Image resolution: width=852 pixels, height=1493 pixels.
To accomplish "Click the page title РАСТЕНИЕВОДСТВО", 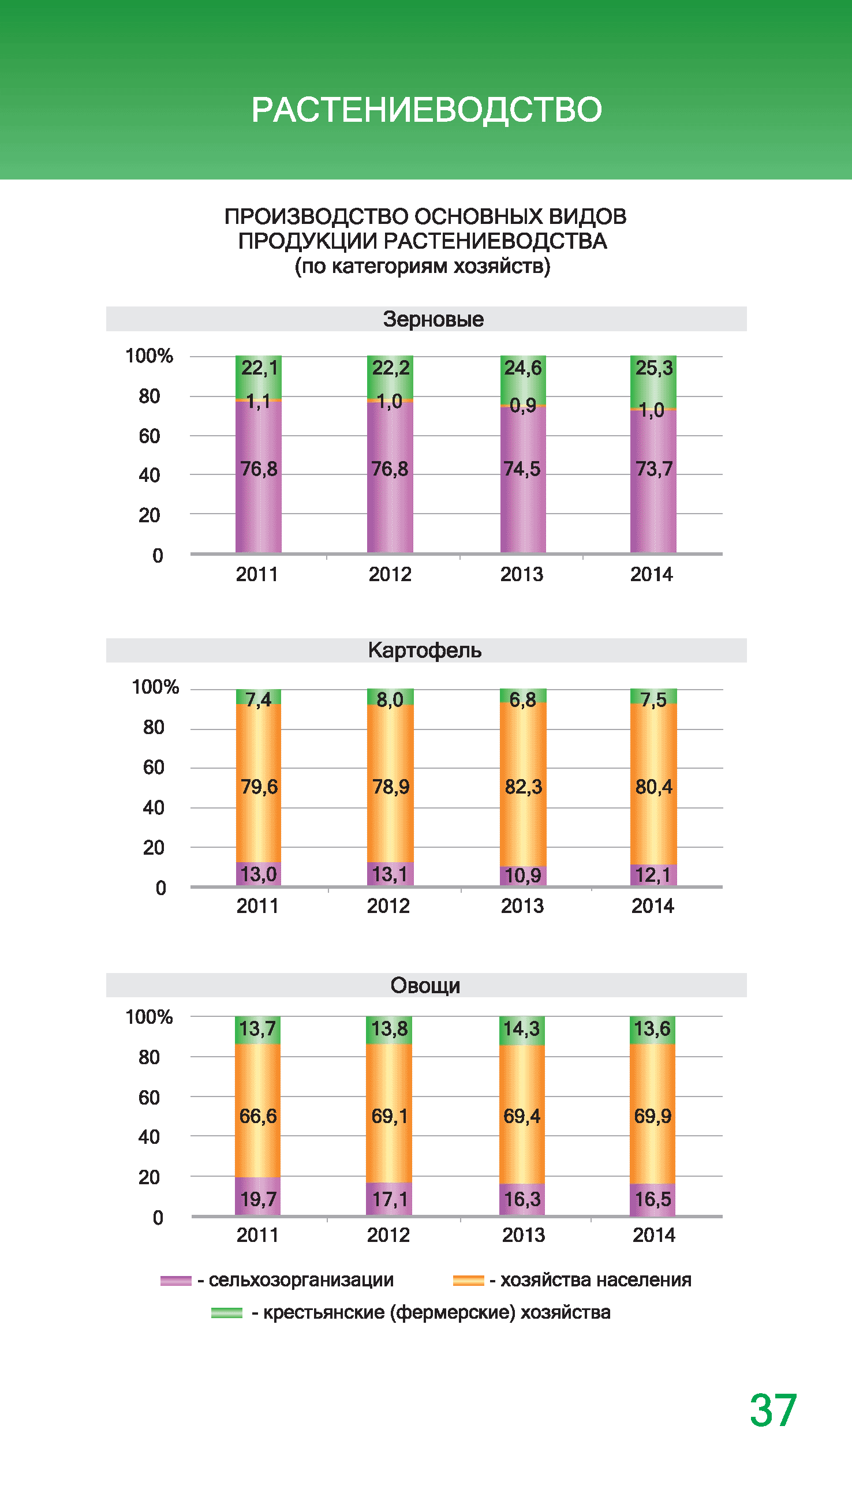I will click(x=426, y=110).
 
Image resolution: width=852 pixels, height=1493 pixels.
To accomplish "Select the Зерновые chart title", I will click(x=433, y=319).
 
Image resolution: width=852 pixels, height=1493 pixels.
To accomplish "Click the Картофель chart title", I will click(x=425, y=650).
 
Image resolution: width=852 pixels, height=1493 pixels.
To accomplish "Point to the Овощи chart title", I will click(x=425, y=986).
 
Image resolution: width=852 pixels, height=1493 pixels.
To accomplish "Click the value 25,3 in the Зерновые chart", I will click(x=653, y=368).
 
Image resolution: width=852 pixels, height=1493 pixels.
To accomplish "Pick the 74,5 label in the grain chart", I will click(x=522, y=469).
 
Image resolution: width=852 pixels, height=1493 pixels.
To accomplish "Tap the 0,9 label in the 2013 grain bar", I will click(x=522, y=405).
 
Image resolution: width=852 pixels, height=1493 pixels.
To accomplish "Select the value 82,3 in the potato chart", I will click(x=523, y=787).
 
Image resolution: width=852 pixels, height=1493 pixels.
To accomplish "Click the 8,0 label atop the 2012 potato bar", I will click(x=390, y=699).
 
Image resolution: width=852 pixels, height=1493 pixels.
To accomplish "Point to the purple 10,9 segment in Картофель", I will click(x=522, y=876).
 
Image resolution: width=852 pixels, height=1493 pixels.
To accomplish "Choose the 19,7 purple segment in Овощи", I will click(x=258, y=1199).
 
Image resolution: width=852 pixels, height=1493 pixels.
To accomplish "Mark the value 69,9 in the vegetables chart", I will click(x=652, y=1116).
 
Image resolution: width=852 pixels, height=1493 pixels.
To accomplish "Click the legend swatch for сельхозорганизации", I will click(x=175, y=1281).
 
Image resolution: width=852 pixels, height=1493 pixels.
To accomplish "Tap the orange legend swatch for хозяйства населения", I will click(x=468, y=1281).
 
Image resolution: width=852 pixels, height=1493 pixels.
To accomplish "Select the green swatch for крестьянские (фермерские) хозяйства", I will click(x=226, y=1313).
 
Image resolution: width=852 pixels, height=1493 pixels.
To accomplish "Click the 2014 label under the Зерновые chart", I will click(x=651, y=574).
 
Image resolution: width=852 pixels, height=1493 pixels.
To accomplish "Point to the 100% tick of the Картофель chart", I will click(x=155, y=687).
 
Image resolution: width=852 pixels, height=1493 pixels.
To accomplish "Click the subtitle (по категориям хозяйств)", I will click(x=423, y=266).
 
